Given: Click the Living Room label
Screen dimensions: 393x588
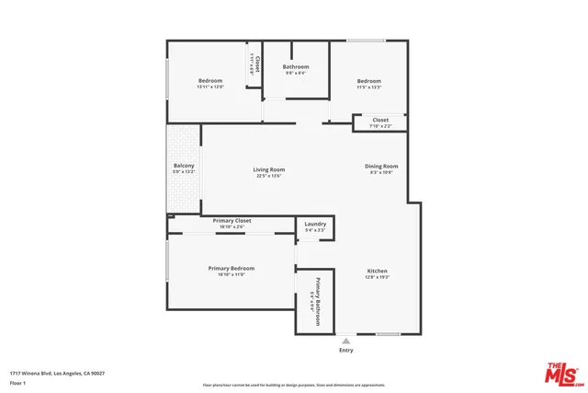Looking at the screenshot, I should pyautogui.click(x=269, y=168).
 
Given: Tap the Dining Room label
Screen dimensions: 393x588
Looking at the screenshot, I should pyautogui.click(x=380, y=166).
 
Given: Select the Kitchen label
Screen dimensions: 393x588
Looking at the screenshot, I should pyautogui.click(x=378, y=271).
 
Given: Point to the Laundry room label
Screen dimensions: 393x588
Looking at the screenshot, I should pyautogui.click(x=314, y=224).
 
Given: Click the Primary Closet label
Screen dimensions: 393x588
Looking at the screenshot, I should pyautogui.click(x=232, y=221).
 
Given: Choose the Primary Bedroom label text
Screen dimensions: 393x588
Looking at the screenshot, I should pyautogui.click(x=231, y=268).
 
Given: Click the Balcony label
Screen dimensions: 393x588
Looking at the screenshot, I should pyautogui.click(x=184, y=166).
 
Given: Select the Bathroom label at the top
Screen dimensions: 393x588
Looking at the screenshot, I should pyautogui.click(x=296, y=66).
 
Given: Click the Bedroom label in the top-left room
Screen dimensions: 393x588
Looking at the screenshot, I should pyautogui.click(x=210, y=81).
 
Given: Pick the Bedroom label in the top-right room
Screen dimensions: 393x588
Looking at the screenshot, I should pyautogui.click(x=368, y=81).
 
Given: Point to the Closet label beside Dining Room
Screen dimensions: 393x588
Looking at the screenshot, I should pyautogui.click(x=380, y=120).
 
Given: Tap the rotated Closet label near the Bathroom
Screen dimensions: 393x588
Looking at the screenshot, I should pyautogui.click(x=258, y=64).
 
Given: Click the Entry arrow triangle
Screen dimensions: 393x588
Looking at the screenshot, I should pyautogui.click(x=345, y=339).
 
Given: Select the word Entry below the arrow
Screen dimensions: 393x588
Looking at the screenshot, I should pyautogui.click(x=345, y=350).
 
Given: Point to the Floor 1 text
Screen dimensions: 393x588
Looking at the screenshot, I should pyautogui.click(x=17, y=382).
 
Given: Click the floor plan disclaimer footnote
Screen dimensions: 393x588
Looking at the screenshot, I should pyautogui.click(x=294, y=385).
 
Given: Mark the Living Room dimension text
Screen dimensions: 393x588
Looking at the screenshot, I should pyautogui.click(x=269, y=176).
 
